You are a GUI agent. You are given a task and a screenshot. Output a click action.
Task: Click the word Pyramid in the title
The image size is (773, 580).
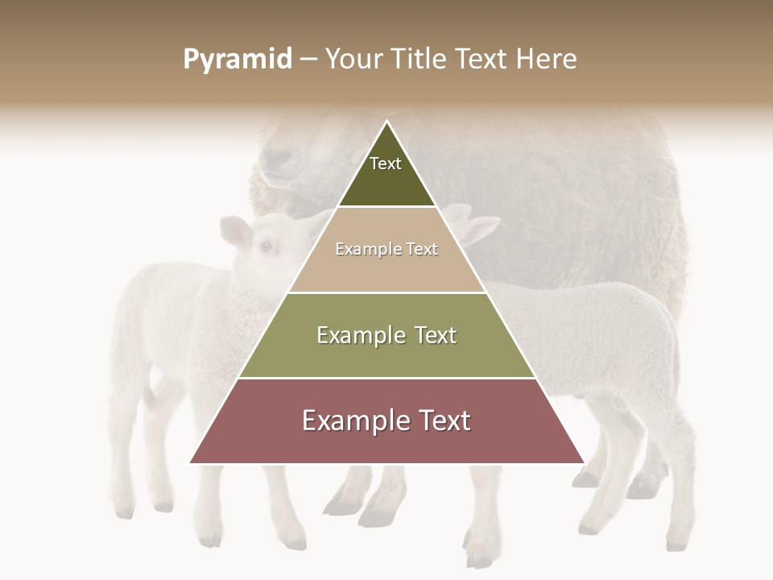click(238, 60)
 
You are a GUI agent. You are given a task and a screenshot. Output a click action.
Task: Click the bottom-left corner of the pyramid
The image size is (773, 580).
click(191, 462)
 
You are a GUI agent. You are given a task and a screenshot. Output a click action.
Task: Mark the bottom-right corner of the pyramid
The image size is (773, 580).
click(583, 462)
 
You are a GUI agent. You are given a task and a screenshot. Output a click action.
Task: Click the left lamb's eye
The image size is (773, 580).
click(265, 246)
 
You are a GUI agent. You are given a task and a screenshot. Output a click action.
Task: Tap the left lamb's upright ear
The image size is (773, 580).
click(235, 231)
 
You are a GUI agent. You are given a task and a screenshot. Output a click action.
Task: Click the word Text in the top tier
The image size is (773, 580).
click(386, 164)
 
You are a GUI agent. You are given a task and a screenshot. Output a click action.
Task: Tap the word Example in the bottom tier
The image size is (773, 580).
click(352, 420)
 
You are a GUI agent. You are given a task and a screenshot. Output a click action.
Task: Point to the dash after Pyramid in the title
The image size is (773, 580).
click(308, 60)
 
